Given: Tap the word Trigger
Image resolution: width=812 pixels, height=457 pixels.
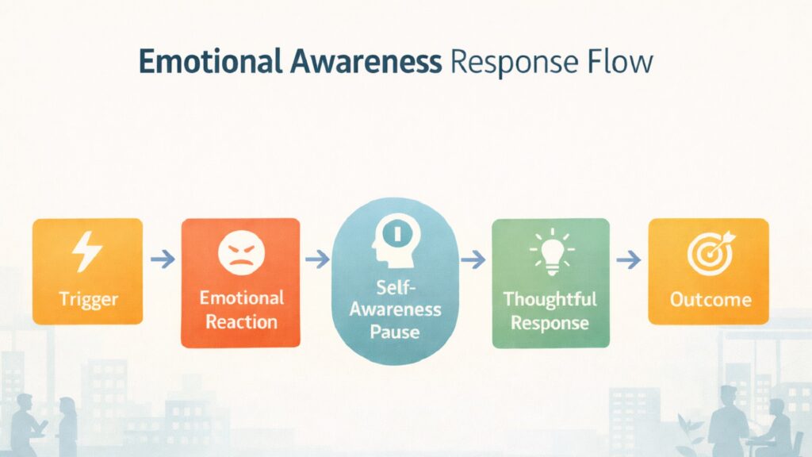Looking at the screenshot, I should [x=87, y=300].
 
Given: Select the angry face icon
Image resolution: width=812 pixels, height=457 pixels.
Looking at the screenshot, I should [x=240, y=253].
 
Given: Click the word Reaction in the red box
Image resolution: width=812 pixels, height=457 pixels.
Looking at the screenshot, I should [x=240, y=321].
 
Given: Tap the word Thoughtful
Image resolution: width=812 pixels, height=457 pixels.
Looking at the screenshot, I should [x=551, y=299].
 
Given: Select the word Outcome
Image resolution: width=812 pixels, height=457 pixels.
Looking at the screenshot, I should [x=710, y=300].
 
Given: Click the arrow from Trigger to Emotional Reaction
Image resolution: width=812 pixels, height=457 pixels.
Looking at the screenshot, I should [x=162, y=259].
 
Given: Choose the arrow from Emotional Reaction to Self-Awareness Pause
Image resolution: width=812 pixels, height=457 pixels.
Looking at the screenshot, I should [x=316, y=259].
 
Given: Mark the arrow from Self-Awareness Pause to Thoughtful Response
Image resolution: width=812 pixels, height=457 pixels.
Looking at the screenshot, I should [x=473, y=259].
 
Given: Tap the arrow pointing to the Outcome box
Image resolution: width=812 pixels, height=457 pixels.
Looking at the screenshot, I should [x=629, y=259].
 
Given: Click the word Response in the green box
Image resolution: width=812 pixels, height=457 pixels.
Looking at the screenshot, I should [x=551, y=322].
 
